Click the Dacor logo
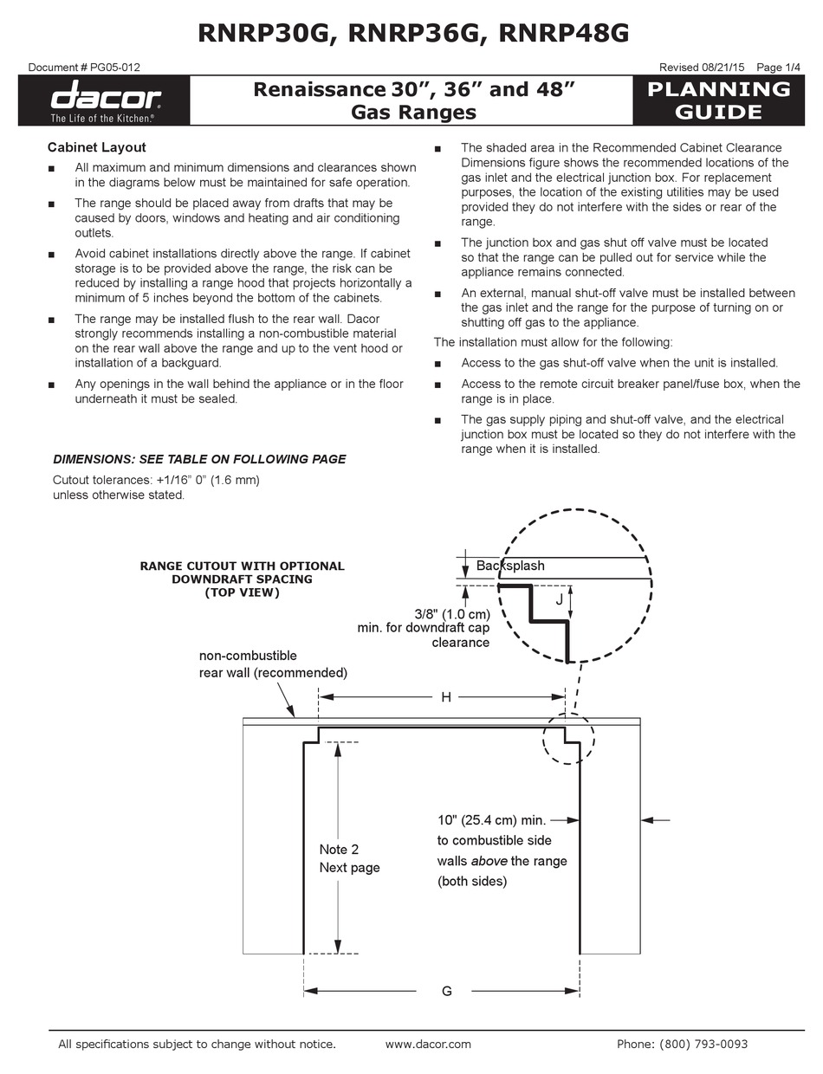104,98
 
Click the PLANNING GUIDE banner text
718,100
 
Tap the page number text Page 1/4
779,68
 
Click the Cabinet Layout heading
96,147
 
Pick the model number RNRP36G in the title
412,33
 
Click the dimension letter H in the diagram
446,697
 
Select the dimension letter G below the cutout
446,991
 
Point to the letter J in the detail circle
559,598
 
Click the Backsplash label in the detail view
510,566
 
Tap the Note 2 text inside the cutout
339,850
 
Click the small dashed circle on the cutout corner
568,738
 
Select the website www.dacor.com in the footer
428,1045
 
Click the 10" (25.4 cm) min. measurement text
490,819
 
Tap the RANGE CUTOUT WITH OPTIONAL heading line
242,566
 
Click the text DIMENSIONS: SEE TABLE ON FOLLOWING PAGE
199,459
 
